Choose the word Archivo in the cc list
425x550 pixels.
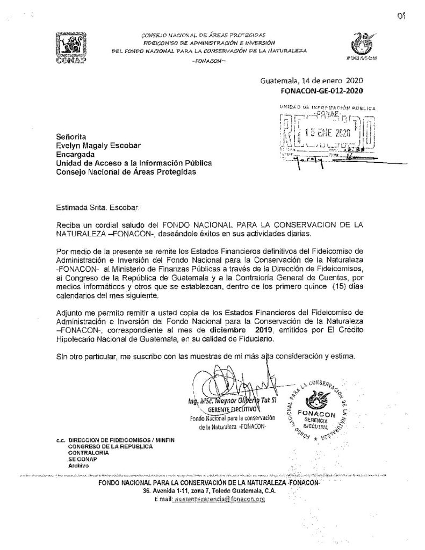(x=78, y=466)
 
